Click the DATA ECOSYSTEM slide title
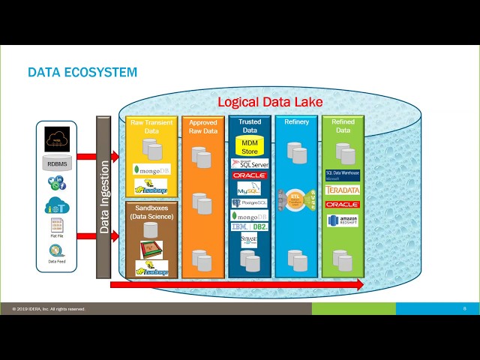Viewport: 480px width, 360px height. pos(82,73)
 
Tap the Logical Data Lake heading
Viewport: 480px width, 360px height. pos(270,102)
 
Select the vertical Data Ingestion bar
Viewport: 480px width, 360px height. pos(103,197)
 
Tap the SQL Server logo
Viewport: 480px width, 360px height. pos(250,163)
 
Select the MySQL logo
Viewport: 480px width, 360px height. pos(250,189)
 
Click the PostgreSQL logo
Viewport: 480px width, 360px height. pos(250,202)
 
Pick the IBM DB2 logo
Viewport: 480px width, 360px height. pos(250,226)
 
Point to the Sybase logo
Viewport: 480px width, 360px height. pos(250,240)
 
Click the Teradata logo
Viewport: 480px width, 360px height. pos(343,190)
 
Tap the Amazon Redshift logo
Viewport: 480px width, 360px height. pos(343,220)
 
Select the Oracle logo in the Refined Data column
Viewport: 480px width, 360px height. pos(343,204)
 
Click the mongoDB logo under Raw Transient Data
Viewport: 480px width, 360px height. pos(151,169)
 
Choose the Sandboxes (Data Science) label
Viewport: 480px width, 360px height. pos(151,211)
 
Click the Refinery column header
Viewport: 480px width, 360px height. pos(296,122)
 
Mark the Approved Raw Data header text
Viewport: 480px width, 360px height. pos(202,127)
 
